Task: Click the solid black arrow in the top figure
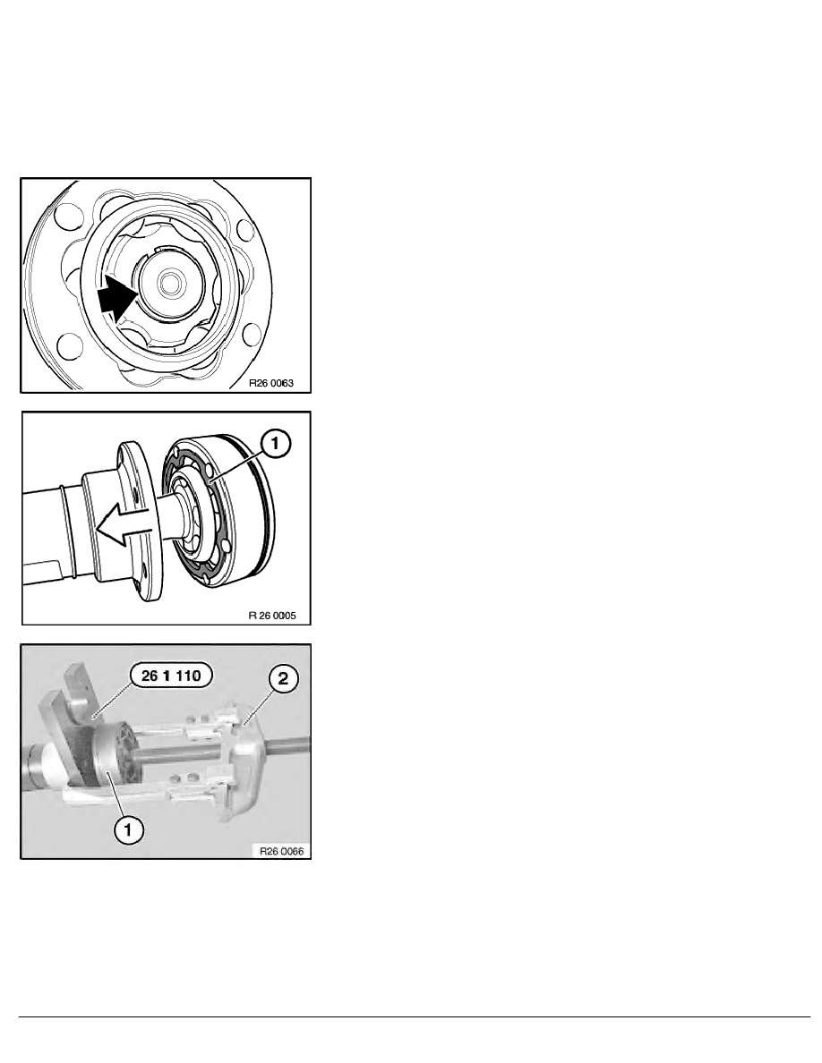(116, 299)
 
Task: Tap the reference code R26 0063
(271, 383)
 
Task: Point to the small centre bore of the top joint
(168, 281)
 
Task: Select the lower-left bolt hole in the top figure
(69, 345)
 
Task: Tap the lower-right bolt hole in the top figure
(251, 334)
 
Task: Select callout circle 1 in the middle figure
(275, 444)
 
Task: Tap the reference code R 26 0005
(272, 617)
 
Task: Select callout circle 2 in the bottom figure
(283, 678)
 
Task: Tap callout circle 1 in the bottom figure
(128, 829)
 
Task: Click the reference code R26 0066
(281, 851)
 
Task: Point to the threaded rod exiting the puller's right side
(288, 744)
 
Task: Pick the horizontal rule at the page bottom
(415, 1016)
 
